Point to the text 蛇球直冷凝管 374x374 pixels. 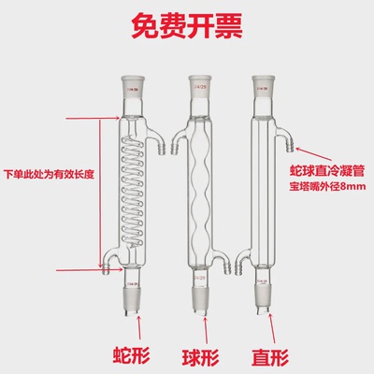[327, 175]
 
